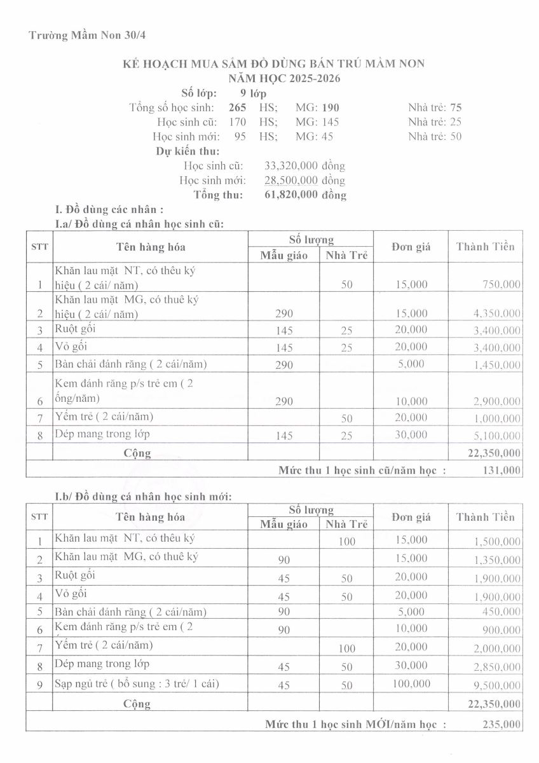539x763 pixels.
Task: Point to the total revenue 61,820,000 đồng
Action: tap(305, 195)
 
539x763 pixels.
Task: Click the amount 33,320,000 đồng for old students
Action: tap(304, 166)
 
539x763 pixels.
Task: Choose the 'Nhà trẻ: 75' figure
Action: tap(435, 107)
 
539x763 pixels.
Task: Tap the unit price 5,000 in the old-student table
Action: tap(414, 364)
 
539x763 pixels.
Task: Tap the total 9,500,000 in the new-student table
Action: tap(495, 686)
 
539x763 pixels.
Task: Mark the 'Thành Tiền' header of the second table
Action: tap(485, 517)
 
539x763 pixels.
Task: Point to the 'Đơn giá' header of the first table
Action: tap(411, 247)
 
